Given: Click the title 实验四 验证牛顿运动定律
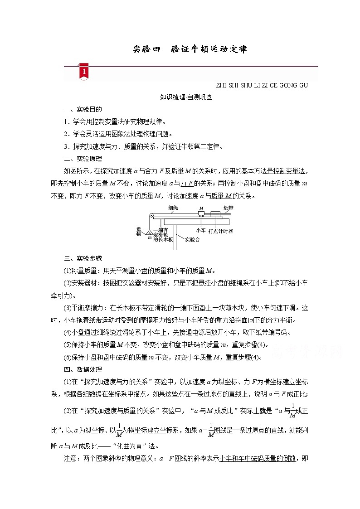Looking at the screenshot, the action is [190, 49].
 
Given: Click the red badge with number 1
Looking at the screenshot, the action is [84, 73].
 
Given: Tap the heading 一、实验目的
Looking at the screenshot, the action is [83, 109].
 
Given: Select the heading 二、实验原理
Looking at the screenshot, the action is [83, 159].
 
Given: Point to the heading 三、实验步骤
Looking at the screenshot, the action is [83, 258].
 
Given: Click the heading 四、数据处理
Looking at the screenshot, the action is [83, 369].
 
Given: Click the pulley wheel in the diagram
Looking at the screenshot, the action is [151, 216].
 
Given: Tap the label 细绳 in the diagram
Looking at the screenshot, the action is [173, 208].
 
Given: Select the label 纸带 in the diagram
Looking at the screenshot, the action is [229, 208].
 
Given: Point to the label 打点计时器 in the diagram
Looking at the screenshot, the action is [221, 231].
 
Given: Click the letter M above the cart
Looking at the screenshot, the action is [200, 209].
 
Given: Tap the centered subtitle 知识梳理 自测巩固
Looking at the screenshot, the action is [186, 97].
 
